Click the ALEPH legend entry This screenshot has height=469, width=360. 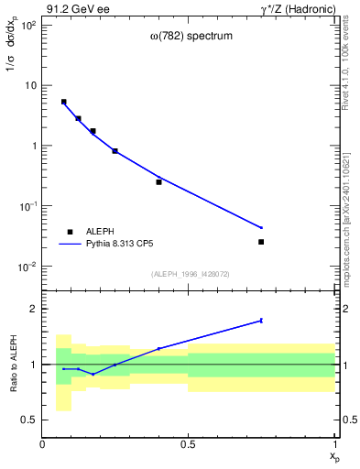point(102,233)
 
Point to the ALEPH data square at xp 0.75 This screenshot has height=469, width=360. point(261,242)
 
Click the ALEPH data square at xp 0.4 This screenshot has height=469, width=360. point(158,181)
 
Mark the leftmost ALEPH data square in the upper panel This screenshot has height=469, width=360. point(63,102)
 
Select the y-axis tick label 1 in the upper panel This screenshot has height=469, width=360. point(33,146)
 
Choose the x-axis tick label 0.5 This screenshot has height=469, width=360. point(188,444)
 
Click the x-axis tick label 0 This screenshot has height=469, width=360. point(42,444)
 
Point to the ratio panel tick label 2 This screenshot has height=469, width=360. point(34,309)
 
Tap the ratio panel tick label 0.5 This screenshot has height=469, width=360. point(30,420)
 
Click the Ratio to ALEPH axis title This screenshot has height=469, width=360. point(12,364)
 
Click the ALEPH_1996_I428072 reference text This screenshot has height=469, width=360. point(190,274)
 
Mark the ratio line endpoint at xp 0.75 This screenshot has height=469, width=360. point(261,321)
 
